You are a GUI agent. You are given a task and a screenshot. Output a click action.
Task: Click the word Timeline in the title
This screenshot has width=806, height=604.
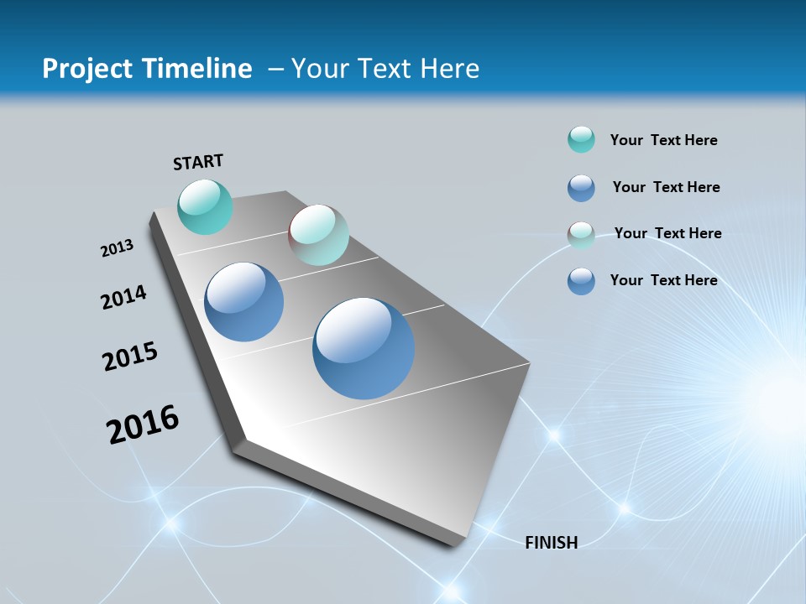point(199,69)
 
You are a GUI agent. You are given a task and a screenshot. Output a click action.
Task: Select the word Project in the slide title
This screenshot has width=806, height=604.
point(88,69)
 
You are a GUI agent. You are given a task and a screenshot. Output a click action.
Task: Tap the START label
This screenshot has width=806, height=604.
point(198,162)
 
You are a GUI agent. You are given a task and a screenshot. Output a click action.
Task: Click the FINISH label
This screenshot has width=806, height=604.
point(552,543)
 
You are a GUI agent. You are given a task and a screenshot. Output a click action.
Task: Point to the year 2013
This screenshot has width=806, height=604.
point(117,248)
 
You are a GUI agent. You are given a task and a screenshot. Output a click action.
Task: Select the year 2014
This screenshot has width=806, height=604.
point(123,297)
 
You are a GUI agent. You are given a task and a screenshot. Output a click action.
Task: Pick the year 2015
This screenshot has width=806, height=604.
point(130,357)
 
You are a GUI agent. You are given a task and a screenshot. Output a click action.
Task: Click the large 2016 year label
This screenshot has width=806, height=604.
point(143,424)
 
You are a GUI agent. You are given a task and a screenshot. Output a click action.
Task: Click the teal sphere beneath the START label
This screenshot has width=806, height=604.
point(205,206)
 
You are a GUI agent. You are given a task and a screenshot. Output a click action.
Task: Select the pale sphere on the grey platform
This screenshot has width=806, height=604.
point(318,235)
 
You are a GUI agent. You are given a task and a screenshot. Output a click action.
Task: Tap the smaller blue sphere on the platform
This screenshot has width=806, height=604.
point(244,302)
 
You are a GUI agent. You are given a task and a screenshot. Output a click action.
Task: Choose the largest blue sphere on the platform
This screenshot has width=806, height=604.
point(364,348)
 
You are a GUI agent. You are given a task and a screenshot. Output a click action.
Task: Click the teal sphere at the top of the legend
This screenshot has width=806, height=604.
point(581,140)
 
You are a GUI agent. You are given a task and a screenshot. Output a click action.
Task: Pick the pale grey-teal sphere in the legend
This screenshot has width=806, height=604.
point(581,235)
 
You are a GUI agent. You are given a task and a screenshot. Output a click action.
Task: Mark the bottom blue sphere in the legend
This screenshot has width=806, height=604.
point(581,281)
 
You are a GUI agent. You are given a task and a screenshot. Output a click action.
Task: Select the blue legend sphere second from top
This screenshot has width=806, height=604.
point(581,188)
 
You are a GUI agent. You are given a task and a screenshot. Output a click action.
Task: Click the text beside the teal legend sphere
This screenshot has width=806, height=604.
point(663,140)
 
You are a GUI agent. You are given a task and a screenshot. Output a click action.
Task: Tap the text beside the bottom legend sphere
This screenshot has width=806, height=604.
point(663,280)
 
